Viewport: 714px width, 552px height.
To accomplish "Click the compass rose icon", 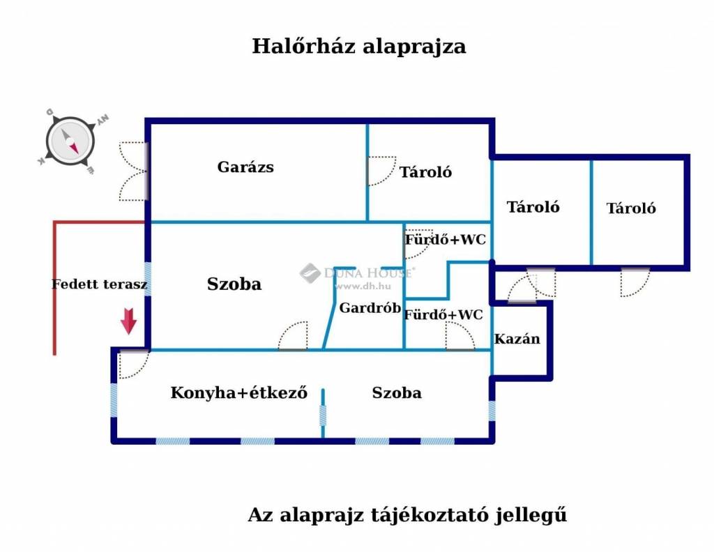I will point(70,141).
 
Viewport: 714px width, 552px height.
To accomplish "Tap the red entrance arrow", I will point(128,321).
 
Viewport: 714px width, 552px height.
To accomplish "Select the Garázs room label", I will point(245,167).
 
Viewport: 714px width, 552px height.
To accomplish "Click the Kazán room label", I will point(517,339).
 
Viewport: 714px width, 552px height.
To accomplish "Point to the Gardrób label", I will point(370,308).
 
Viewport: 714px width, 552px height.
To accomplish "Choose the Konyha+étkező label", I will point(239,393).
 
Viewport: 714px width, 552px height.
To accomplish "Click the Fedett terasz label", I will point(99,284).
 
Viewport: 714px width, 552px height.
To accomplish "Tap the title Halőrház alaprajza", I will point(358,47).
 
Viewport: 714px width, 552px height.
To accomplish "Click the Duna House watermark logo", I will point(310,273).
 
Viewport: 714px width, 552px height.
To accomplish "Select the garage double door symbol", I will point(132,171).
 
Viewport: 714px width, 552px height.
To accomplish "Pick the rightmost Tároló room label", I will point(631,208).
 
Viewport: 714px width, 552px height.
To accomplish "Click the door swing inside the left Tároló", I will point(381,171).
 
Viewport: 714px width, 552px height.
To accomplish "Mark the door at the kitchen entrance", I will point(132,364).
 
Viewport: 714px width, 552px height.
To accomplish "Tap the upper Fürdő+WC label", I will point(446,240).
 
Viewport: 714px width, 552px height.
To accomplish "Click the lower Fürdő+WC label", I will point(443,315).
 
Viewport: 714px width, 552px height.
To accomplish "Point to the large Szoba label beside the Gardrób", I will point(234,284).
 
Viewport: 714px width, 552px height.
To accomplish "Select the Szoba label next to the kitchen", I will point(397,393).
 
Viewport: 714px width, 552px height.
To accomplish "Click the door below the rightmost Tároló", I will point(635,282).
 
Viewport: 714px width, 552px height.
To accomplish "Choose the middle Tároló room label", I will point(533,207).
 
